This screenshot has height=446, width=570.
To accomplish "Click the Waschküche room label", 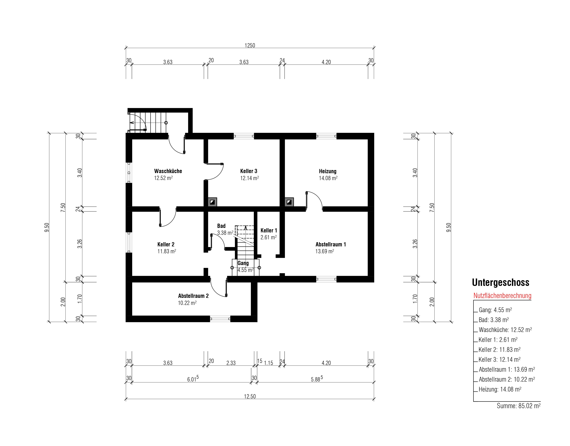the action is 168,171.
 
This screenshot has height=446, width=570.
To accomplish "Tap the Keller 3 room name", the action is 249,171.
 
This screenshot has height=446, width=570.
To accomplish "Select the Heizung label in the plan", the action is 328,171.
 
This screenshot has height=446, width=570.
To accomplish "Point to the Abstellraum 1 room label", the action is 331,245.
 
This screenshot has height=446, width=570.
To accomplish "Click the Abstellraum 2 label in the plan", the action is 193,296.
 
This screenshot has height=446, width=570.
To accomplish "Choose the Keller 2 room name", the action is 166,245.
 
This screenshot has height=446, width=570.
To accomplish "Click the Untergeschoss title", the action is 501,282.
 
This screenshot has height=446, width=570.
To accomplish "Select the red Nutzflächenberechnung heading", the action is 502,296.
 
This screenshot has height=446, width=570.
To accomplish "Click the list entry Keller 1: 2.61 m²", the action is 498,340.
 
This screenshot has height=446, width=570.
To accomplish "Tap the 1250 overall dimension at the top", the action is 250,45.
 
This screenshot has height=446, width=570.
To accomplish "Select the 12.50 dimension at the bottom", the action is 250,396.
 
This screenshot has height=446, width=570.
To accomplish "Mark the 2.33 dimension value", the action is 231,363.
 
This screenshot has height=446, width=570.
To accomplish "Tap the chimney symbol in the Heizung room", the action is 289,202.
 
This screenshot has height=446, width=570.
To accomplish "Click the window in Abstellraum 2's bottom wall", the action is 220,319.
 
